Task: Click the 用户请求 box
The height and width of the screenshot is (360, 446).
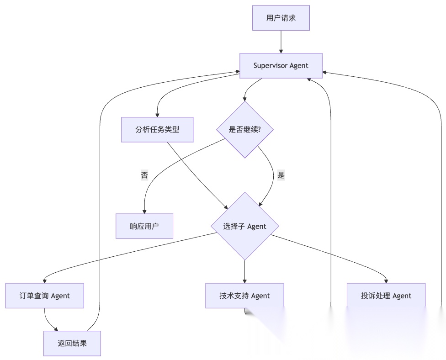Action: pos(281,18)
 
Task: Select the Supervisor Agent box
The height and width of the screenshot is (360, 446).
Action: pos(281,65)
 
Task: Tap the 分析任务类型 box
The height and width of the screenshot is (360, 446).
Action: pos(157,129)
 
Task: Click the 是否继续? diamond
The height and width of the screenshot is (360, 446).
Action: pos(245,129)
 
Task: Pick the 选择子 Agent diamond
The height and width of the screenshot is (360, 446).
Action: pos(245,226)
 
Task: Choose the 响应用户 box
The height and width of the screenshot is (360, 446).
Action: pos(144,226)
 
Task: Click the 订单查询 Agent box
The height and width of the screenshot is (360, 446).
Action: pos(44,296)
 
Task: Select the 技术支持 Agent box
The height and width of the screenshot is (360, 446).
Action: pos(245,296)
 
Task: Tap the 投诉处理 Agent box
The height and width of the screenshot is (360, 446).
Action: pos(386,296)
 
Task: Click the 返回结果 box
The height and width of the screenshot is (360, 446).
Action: pos(72,344)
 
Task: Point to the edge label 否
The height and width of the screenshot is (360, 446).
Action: pos(144,175)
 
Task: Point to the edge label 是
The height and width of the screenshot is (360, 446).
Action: pos(281,175)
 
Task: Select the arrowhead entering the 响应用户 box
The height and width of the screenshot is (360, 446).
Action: pos(144,212)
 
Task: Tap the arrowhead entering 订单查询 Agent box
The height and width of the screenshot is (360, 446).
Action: pos(45,281)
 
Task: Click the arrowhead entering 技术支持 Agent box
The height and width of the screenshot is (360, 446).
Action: pos(245,281)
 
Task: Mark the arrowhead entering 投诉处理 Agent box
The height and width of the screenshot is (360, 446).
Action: pos(387,281)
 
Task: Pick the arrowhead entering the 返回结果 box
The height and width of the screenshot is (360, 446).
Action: pos(56,329)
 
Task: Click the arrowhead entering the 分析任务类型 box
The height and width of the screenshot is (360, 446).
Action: pos(157,115)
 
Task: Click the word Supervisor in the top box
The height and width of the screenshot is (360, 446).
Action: pos(271,65)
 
